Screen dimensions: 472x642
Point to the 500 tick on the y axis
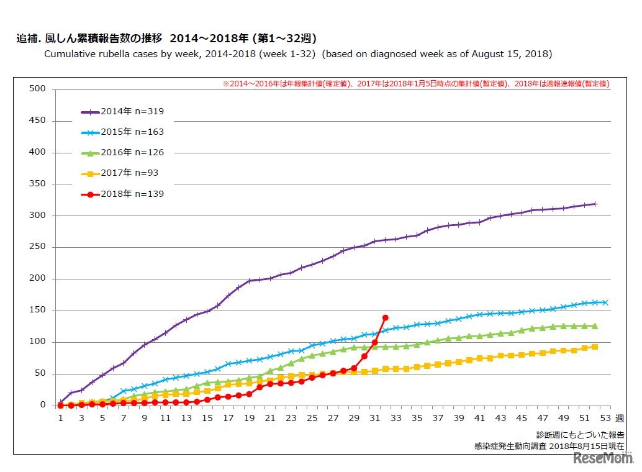38,89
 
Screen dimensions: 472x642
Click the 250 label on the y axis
38,247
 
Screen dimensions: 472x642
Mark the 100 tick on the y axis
38,342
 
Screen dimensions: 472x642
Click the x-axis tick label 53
605,418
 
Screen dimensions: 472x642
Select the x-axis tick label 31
375,418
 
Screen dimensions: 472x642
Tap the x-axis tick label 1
61,418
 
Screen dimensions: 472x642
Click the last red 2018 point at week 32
386,317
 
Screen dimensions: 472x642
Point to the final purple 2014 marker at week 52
595,204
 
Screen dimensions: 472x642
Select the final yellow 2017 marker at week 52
595,347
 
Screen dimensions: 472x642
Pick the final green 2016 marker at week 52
595,325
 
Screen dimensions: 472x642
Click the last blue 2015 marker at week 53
605,302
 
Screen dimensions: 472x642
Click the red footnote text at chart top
415,83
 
